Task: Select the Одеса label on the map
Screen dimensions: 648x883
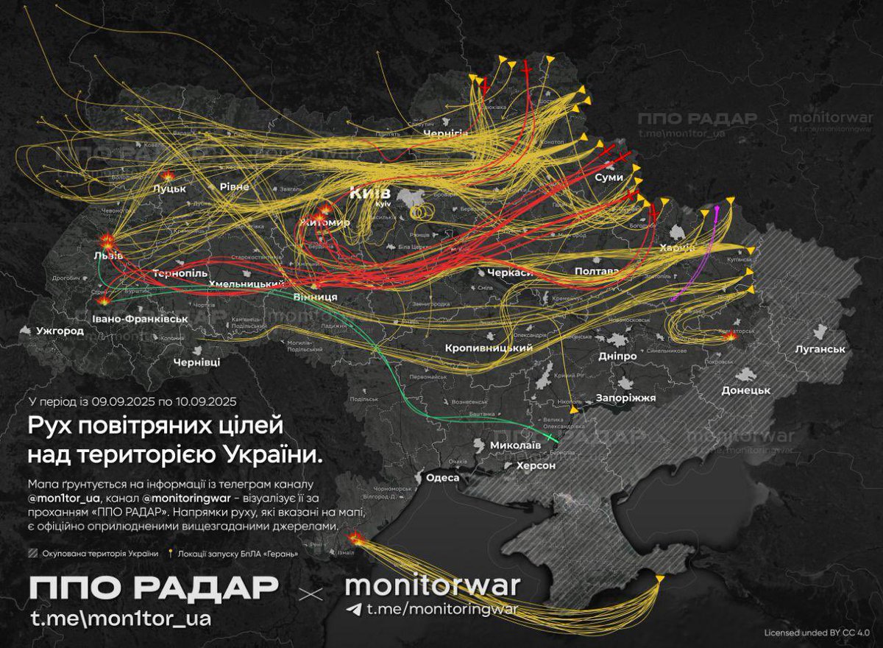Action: tap(441, 477)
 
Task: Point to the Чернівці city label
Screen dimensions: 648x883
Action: tap(196, 363)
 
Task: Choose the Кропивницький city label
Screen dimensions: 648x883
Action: tap(489, 348)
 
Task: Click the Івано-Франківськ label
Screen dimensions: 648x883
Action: tap(141, 319)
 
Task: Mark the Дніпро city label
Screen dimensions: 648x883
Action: tap(617, 356)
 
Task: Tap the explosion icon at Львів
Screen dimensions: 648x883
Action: tap(107, 241)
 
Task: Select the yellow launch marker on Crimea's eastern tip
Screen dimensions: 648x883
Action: tap(659, 580)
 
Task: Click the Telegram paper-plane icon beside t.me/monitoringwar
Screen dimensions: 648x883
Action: tap(354, 609)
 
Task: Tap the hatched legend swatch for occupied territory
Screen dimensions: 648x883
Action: tap(31, 553)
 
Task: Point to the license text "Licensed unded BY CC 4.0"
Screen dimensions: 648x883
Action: tap(817, 632)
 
